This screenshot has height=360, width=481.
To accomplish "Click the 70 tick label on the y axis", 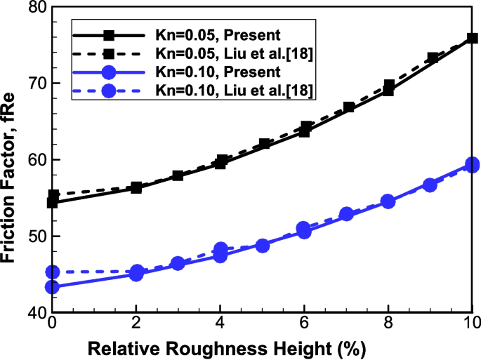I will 32,84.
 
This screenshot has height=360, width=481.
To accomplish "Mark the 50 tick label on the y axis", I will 32,236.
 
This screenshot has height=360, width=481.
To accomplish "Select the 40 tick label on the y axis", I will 32,313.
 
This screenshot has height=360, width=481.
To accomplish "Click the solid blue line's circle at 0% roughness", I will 52,287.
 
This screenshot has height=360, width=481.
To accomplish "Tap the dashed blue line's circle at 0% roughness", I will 52,272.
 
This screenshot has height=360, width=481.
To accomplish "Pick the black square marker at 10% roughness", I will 473,39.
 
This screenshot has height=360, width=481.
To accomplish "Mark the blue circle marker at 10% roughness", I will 473,165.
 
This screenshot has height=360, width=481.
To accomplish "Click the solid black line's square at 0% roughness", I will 52,203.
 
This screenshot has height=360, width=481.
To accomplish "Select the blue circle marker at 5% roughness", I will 263,246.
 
